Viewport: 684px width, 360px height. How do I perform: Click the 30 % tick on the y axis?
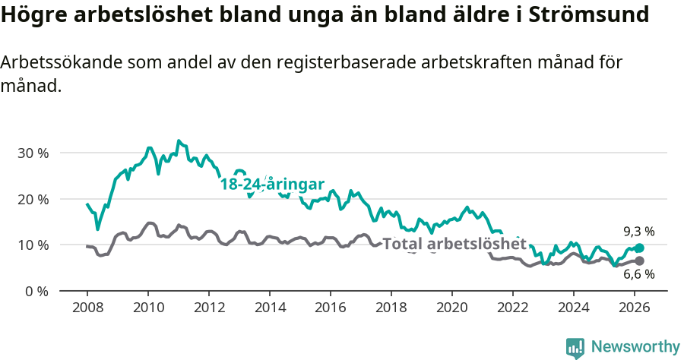(x=33, y=153)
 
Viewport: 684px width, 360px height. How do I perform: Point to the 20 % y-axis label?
(x=33, y=199)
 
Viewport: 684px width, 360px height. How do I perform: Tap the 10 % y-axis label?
(x=33, y=245)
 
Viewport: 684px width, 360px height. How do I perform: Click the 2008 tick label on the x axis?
(x=87, y=307)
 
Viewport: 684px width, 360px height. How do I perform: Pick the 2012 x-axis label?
(x=209, y=307)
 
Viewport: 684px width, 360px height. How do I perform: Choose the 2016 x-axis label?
(x=331, y=307)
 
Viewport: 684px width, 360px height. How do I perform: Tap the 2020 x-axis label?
(x=452, y=307)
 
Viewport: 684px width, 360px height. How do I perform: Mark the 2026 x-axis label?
(x=635, y=307)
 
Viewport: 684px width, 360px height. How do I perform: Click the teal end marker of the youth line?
(x=639, y=248)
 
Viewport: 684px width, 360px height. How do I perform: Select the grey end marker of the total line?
(x=639, y=261)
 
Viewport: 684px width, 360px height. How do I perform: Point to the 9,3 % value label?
(x=639, y=231)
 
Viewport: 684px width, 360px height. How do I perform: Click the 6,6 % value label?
(x=639, y=275)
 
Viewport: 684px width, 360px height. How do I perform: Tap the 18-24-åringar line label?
(x=272, y=184)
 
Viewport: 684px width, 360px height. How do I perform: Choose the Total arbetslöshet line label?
(x=454, y=244)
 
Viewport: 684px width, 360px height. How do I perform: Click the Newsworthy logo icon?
(x=575, y=347)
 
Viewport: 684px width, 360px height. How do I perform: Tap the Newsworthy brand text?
(x=635, y=347)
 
